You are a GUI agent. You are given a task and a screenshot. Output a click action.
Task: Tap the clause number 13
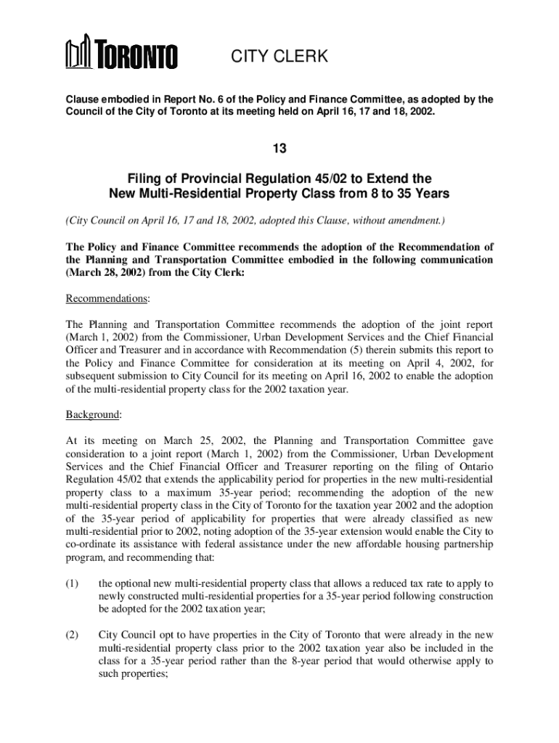[x=279, y=149]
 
